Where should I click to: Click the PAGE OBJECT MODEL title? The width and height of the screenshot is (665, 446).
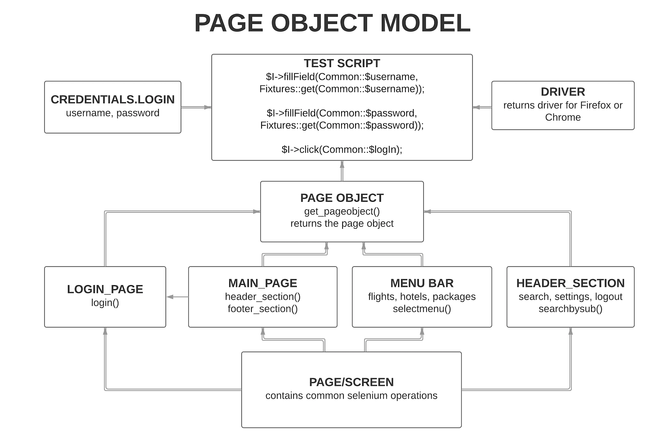(332, 23)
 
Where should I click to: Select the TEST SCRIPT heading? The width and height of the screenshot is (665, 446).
(342, 63)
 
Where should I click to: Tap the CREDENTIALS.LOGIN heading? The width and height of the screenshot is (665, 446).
(113, 99)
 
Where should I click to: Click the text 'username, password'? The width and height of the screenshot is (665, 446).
(113, 113)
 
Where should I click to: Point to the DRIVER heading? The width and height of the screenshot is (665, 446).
(563, 92)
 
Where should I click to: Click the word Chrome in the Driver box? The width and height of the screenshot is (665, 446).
(563, 117)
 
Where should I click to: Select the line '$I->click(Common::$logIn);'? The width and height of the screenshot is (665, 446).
(342, 150)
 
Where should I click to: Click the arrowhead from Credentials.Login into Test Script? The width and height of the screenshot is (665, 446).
(207, 107)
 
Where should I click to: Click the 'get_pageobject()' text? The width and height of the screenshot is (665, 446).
(342, 212)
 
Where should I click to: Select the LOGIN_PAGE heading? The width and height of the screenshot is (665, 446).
(105, 289)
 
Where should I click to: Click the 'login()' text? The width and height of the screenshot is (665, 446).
(105, 303)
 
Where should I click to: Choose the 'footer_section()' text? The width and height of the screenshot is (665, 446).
(263, 309)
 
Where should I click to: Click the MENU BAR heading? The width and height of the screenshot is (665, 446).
(422, 283)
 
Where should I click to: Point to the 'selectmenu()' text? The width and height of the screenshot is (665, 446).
(422, 309)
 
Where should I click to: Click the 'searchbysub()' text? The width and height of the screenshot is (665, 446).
(570, 309)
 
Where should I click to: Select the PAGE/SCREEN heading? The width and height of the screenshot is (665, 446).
(351, 382)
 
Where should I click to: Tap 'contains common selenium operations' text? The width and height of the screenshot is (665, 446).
(351, 396)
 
